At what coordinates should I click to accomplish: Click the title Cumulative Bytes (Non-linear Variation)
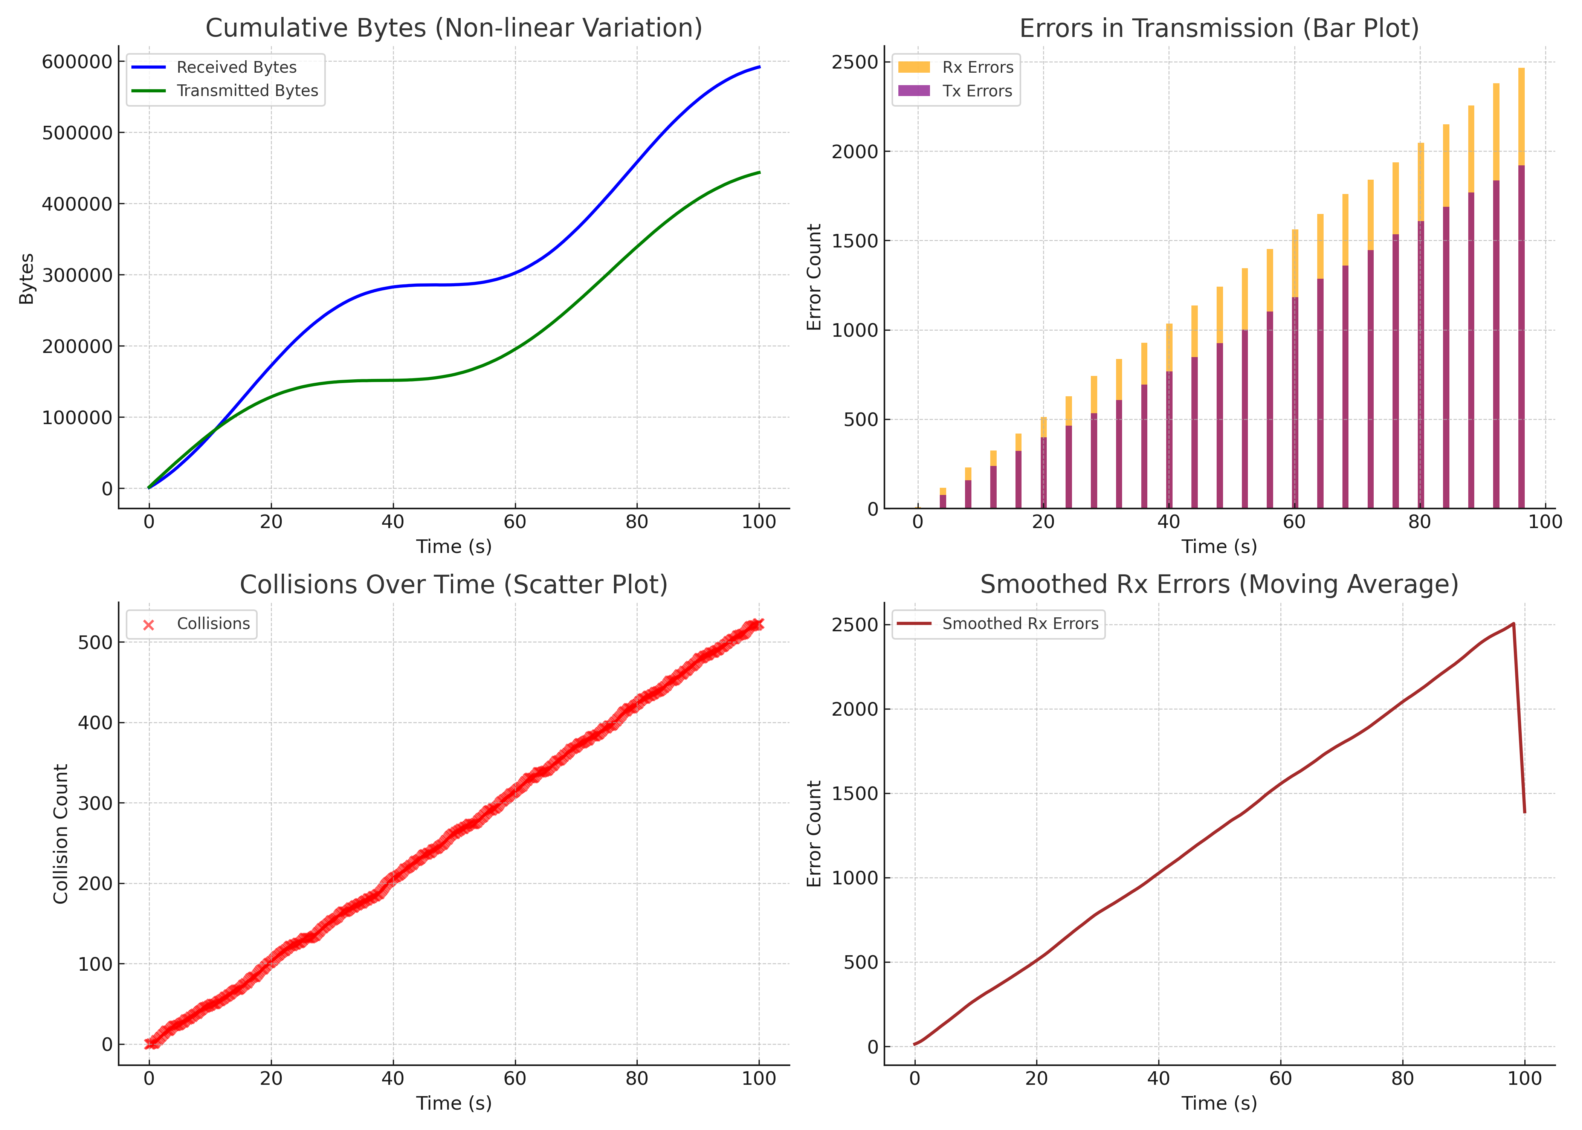coord(454,28)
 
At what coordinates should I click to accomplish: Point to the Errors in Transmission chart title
coord(1219,28)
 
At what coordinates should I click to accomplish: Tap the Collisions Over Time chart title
coord(454,585)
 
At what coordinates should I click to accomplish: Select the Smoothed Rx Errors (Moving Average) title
coord(1219,585)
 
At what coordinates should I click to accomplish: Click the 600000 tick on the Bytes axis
coord(76,62)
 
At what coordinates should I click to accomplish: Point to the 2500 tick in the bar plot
coord(854,62)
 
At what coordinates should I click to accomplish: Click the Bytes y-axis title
coord(26,278)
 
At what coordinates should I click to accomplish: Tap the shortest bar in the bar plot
coord(943,499)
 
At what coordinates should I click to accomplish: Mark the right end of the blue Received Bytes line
coord(759,67)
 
